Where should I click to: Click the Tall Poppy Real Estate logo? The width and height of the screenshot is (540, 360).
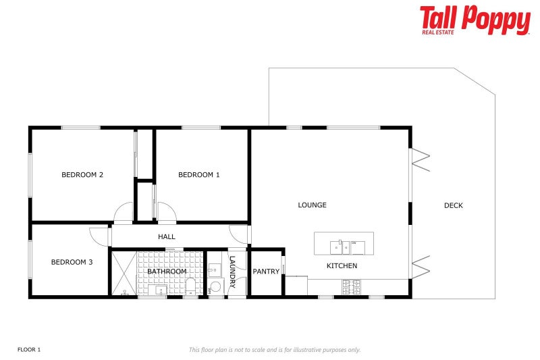[475, 20]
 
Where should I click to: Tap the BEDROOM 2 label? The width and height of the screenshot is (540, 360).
[82, 175]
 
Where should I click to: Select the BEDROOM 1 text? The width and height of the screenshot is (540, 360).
[198, 175]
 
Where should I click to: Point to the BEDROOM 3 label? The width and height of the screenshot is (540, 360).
[72, 262]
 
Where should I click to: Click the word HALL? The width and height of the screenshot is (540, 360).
[167, 237]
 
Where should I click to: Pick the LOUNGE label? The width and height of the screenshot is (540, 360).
[313, 205]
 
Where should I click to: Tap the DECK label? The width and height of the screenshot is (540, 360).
[454, 206]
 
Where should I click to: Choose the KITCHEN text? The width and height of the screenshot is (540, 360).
[342, 266]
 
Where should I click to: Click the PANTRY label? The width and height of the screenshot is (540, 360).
[266, 272]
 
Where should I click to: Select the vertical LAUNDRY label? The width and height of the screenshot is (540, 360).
[232, 273]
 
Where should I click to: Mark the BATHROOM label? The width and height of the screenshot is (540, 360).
[167, 272]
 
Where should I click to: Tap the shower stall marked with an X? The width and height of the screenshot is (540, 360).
[124, 274]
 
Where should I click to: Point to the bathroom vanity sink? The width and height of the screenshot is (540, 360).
[161, 291]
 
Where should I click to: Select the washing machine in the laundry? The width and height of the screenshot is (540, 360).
[215, 287]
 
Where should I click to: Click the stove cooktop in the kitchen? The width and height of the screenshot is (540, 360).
[350, 286]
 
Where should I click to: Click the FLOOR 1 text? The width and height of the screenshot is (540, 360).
[29, 349]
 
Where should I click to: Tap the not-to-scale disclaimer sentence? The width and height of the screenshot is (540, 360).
[274, 349]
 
